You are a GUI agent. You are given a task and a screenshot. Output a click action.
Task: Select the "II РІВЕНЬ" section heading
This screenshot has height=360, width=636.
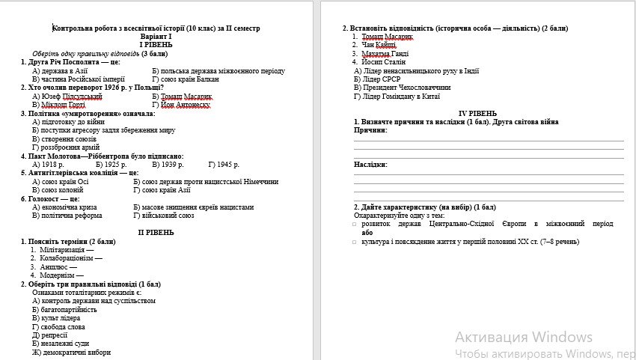click(x=156, y=233)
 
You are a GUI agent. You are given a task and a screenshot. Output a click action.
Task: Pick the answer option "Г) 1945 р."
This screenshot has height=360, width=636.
click(x=224, y=164)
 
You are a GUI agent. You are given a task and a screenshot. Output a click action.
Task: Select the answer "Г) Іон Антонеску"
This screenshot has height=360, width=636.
click(x=182, y=105)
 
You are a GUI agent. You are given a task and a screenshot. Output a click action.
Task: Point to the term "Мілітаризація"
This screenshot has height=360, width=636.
click(x=67, y=249)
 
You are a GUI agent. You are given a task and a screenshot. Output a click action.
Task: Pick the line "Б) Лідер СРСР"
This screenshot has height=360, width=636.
click(x=377, y=79)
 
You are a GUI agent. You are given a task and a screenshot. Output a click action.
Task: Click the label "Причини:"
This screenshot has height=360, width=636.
click(x=370, y=130)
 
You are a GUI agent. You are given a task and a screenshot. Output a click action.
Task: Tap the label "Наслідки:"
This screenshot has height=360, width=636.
click(x=371, y=164)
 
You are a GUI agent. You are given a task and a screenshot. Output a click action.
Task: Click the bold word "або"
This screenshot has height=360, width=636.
click(x=367, y=233)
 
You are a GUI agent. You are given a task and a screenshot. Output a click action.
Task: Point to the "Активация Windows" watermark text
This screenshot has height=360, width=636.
click(x=523, y=337)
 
